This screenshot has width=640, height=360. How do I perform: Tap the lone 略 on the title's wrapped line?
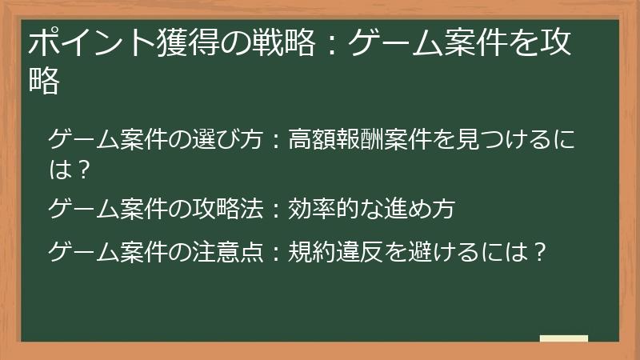(x=44, y=82)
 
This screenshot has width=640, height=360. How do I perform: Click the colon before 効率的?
(x=274, y=210)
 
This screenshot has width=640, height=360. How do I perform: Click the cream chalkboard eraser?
(x=564, y=338)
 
